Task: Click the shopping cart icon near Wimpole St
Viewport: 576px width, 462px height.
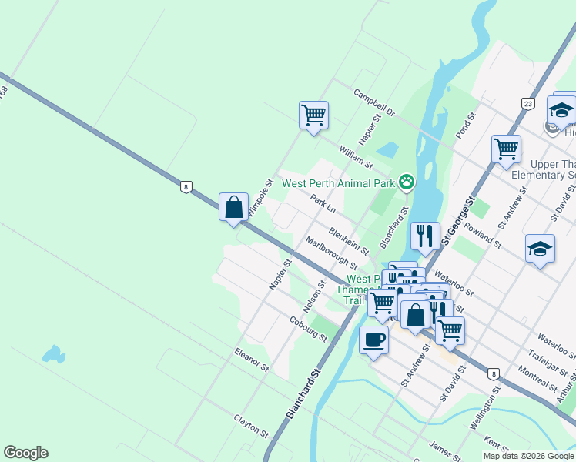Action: point(313,115)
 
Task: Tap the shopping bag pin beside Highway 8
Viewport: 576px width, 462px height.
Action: point(233,207)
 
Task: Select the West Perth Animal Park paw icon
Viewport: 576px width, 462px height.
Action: point(407,182)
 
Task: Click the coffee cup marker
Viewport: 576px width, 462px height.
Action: point(374,340)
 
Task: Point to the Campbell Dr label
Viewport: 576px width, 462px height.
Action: point(374,102)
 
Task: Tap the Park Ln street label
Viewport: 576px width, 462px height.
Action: point(323,204)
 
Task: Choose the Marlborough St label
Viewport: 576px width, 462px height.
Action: point(332,252)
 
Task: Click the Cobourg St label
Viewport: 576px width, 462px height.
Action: point(309,328)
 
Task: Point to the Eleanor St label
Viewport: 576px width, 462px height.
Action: point(252,359)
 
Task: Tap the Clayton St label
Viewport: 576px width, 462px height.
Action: point(251,427)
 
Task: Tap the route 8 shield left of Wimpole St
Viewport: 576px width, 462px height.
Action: point(186,186)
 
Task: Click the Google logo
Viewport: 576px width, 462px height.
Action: point(25,453)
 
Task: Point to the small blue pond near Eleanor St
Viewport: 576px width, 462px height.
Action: point(52,354)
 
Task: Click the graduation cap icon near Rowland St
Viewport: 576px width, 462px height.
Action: point(541,249)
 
